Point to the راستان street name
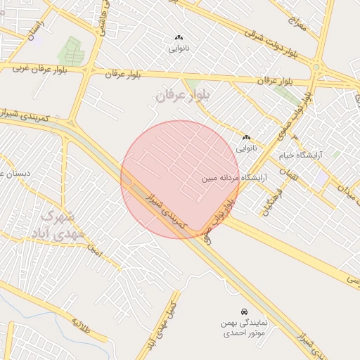(32, 30)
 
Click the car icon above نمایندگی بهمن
(243, 311)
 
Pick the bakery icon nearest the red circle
(246, 137)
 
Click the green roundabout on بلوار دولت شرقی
(316, 68)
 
